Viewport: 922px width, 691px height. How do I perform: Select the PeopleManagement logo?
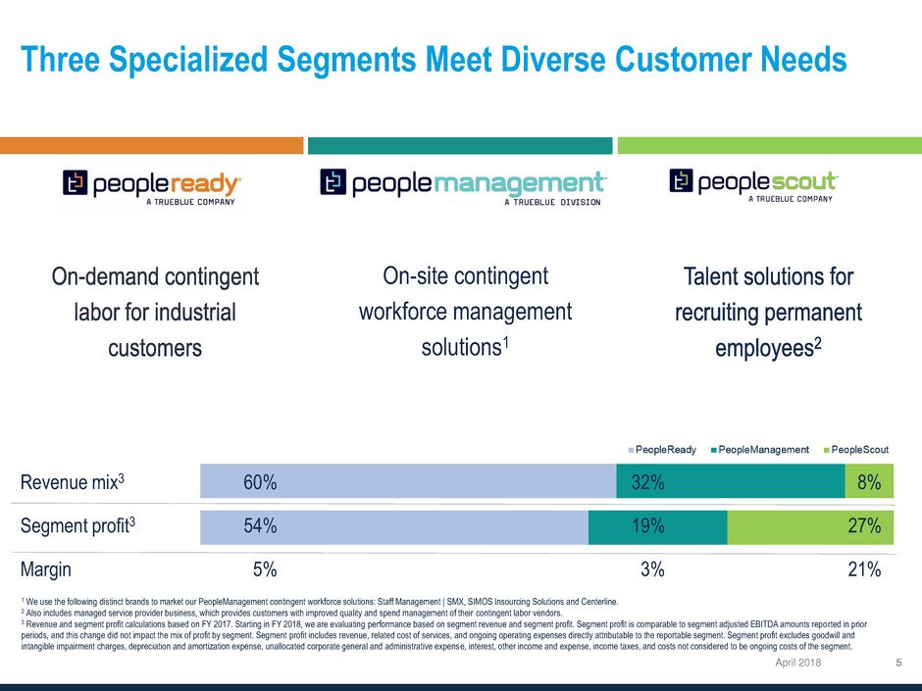point(462,186)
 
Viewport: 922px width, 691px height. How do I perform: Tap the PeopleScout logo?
point(753,184)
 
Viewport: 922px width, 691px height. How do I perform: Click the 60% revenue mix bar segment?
point(407,481)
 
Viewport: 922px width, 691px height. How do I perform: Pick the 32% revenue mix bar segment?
point(730,481)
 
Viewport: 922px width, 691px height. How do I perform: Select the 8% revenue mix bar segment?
point(869,481)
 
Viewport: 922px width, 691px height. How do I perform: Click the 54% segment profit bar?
point(393,526)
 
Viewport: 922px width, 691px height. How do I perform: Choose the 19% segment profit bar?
point(657,526)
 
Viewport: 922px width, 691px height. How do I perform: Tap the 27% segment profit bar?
point(810,526)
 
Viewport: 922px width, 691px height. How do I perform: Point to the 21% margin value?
point(864,569)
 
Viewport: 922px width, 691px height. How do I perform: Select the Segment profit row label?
point(75,526)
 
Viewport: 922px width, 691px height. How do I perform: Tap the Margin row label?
point(45,569)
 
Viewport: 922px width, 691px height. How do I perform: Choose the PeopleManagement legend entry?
point(758,450)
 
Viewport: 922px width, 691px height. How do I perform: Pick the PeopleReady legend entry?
point(662,450)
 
